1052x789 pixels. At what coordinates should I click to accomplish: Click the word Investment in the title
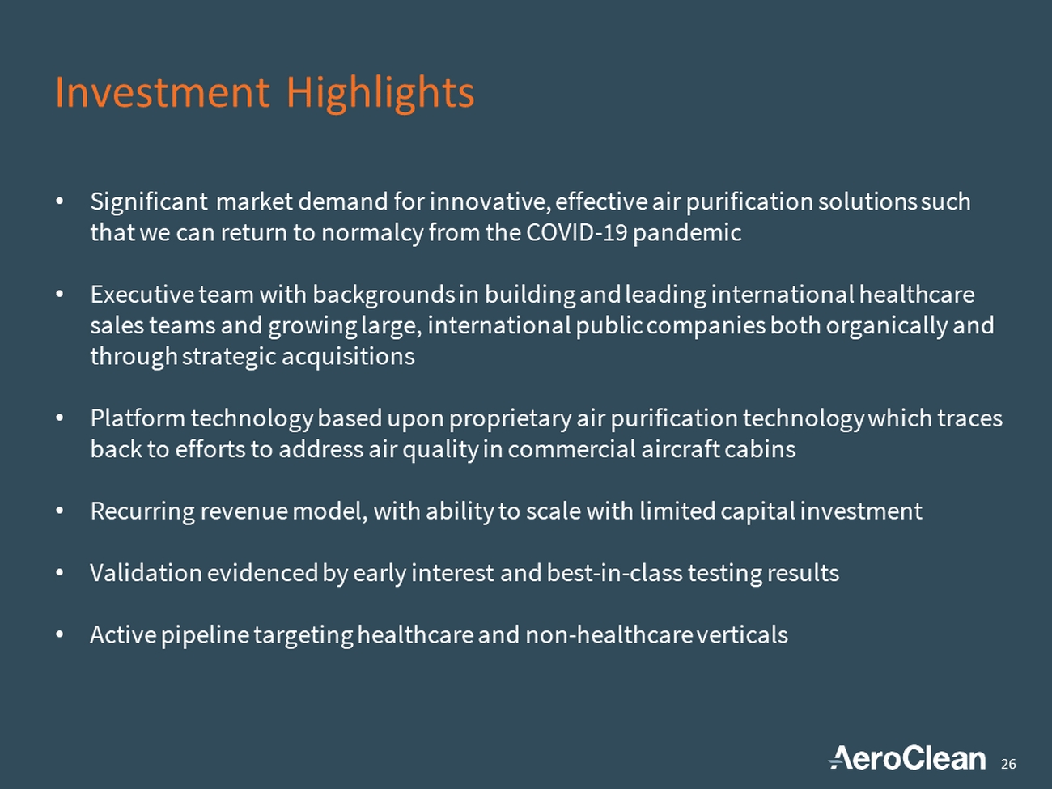click(162, 92)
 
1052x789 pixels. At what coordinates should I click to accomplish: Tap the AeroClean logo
click(907, 758)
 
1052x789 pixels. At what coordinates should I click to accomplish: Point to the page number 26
click(1008, 764)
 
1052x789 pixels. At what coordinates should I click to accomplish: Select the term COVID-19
click(576, 233)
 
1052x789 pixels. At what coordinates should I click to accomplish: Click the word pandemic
click(687, 234)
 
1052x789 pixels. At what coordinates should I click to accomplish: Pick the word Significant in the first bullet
click(149, 202)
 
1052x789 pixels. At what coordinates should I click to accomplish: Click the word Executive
click(142, 295)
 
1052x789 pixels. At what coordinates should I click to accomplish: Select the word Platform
click(138, 418)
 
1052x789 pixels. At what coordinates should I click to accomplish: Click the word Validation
click(146, 573)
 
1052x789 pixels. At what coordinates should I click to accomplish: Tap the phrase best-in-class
click(614, 573)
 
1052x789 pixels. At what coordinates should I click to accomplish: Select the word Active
click(123, 634)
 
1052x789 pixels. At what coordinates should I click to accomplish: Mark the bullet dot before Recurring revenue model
click(59, 511)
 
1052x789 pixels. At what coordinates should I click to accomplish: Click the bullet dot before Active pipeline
click(59, 634)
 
